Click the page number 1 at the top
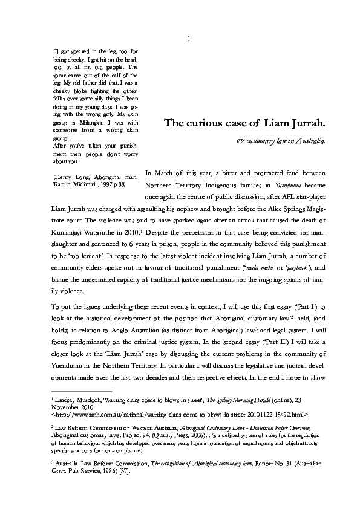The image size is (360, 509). (189, 40)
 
